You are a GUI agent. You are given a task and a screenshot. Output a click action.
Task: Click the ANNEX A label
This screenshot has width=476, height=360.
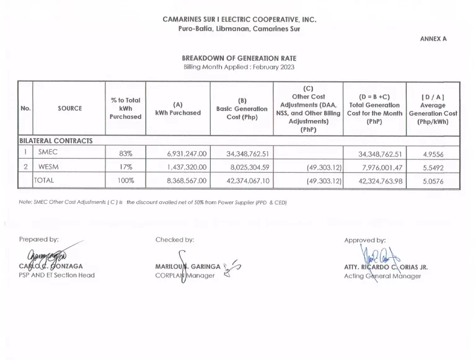(433, 38)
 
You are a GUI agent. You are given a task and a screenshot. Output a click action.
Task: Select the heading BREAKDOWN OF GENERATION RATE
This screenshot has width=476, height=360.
(238, 58)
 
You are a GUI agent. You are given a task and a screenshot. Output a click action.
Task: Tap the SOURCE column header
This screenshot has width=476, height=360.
(70, 108)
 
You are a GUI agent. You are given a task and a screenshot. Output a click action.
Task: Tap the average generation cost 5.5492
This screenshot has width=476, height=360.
(433, 167)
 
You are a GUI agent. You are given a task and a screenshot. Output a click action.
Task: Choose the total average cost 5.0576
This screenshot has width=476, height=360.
(433, 180)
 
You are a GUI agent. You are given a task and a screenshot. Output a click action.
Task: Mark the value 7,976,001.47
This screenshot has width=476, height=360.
(381, 167)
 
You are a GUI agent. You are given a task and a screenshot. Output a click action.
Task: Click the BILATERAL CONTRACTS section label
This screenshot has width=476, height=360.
(56, 141)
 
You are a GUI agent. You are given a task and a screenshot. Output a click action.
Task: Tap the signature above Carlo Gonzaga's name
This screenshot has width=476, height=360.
(47, 255)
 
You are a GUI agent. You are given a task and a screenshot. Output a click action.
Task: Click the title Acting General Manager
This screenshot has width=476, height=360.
(382, 276)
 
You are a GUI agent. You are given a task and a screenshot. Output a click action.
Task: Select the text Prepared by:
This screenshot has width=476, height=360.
(39, 239)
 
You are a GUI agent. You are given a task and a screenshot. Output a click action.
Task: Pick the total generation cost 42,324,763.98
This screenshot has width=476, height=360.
(381, 180)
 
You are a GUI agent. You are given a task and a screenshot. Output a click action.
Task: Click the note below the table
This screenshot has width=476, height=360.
(152, 202)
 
